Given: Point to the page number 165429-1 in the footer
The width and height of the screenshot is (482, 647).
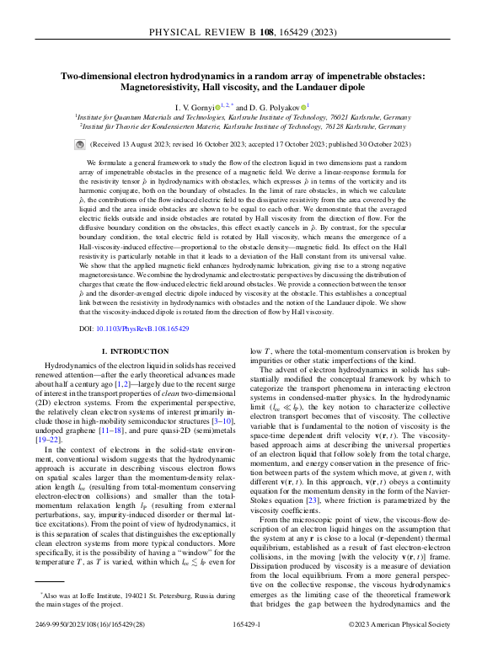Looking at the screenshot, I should pyautogui.click(x=241, y=624).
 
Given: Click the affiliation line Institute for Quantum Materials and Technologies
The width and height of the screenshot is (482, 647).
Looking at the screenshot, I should pyautogui.click(x=241, y=118).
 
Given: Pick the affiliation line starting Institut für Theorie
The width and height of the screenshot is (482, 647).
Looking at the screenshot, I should pyautogui.click(x=241, y=127).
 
